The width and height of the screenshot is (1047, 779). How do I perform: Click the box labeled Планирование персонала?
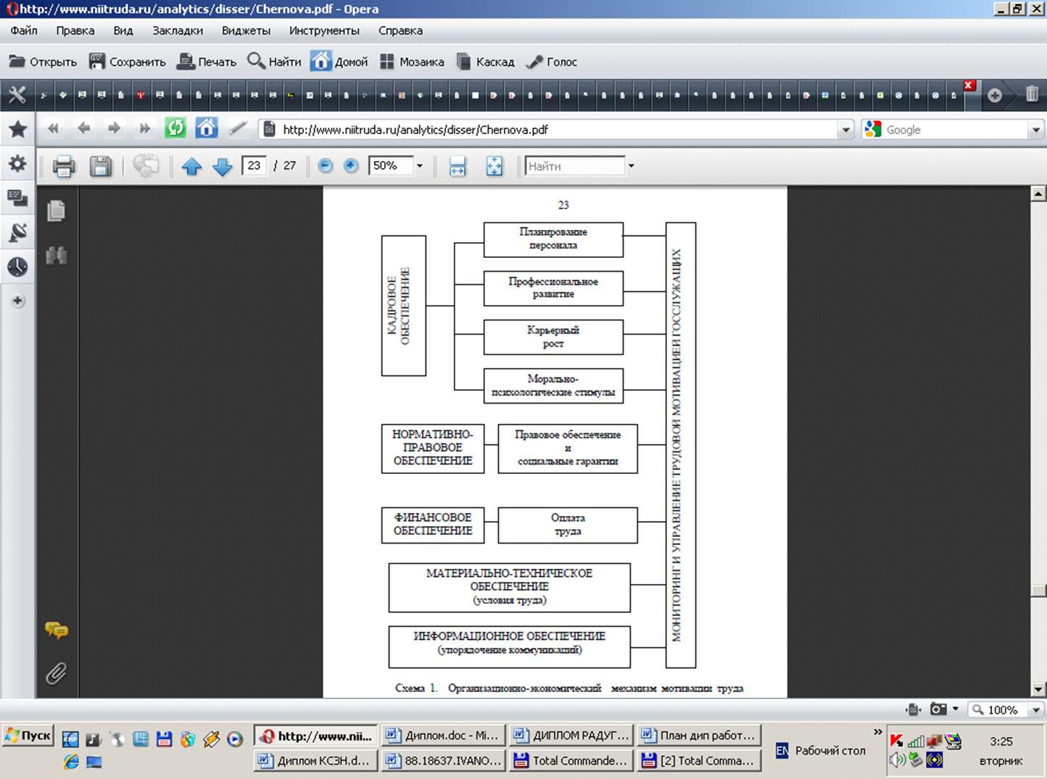[553, 239]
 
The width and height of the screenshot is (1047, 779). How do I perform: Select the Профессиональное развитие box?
[553, 288]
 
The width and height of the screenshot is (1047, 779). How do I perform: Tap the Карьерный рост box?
[553, 337]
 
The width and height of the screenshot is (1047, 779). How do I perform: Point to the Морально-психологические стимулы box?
[553, 386]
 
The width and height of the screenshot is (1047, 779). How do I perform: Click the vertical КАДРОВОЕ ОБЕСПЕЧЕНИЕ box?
[403, 305]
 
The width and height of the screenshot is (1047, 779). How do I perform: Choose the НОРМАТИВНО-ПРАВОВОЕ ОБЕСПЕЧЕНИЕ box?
[432, 448]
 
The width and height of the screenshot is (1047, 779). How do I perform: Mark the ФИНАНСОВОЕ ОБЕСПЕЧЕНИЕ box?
[432, 524]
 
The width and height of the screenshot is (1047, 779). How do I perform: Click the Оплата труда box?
[567, 525]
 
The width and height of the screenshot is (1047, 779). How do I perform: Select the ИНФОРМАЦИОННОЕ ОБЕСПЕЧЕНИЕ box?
[509, 646]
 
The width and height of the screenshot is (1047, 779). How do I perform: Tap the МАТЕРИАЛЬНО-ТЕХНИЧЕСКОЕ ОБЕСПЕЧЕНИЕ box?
[509, 587]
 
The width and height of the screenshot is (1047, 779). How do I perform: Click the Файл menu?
[24, 30]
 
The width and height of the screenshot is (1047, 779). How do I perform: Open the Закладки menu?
[178, 30]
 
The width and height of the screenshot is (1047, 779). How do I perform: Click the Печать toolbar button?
[207, 62]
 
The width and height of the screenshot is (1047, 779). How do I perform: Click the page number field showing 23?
[254, 166]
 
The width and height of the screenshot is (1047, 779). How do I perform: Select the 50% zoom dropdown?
[395, 166]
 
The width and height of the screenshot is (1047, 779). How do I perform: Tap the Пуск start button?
[28, 736]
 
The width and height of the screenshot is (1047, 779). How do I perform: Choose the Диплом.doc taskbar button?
[442, 736]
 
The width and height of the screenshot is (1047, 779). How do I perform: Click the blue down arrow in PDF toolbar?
[223, 167]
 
